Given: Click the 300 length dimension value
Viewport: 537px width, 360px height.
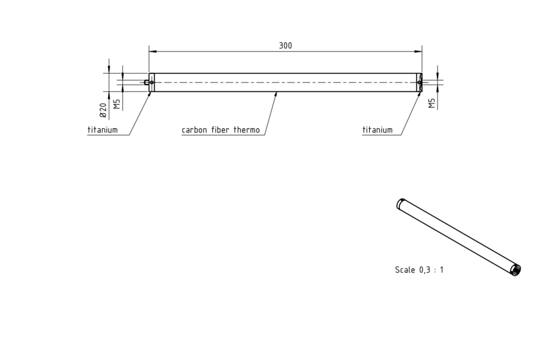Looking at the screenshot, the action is click(285, 46).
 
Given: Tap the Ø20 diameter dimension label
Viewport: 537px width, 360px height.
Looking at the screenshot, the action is click(103, 110).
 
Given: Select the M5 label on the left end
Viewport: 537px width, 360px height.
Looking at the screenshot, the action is click(117, 104).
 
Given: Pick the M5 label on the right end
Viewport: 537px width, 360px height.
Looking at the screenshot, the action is click(432, 103).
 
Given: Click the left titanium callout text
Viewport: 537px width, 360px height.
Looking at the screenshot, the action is click(103, 130).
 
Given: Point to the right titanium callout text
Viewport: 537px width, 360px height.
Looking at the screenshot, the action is click(377, 130).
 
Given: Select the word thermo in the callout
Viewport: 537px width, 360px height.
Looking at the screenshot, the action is click(246, 130).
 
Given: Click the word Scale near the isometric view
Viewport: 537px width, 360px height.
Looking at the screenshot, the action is click(405, 270).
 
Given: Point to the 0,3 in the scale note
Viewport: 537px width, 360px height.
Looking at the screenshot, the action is click(424, 270).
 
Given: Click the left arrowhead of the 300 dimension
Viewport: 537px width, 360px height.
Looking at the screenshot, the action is click(149, 52).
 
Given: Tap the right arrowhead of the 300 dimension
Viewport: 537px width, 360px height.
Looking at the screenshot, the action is click(422, 52).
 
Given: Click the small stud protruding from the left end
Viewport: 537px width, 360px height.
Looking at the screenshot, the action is click(146, 82).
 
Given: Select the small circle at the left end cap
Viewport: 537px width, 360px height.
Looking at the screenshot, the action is click(152, 82).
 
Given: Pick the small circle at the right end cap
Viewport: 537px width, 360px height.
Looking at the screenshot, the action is click(420, 82).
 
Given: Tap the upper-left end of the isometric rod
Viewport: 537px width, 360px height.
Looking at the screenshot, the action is click(400, 204).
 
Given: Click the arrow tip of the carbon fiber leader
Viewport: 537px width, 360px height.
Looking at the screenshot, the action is click(277, 92).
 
